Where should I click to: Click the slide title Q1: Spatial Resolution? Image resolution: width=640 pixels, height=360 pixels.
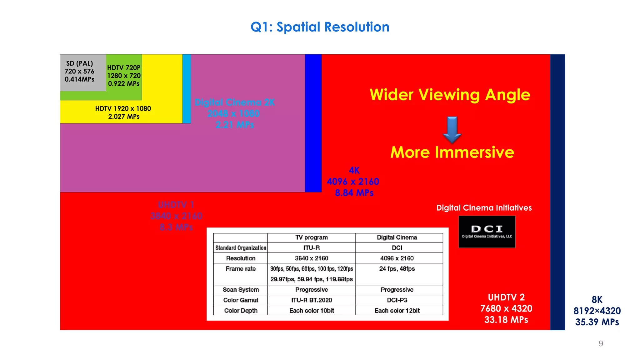point(320,27)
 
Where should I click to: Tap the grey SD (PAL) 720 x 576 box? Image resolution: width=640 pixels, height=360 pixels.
point(80,72)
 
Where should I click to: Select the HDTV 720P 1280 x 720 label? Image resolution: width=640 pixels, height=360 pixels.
point(124,76)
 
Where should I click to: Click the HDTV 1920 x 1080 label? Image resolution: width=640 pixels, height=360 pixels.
point(123,112)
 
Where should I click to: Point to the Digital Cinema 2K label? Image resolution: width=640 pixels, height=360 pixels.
point(234,113)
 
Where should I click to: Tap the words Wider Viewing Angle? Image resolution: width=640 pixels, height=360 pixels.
point(450,95)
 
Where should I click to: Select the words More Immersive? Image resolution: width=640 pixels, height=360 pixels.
point(452,152)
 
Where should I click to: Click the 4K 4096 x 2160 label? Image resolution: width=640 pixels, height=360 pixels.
point(353,182)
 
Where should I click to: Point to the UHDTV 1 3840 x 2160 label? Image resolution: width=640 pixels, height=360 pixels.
point(176,216)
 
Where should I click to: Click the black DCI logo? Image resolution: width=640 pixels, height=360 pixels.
point(487,232)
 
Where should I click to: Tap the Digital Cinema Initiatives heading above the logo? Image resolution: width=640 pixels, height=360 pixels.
point(484,208)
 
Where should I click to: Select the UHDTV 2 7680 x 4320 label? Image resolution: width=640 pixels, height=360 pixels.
point(506,308)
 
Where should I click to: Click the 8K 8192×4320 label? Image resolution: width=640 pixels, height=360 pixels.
point(597,311)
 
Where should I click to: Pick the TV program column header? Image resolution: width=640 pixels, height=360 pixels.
point(311,237)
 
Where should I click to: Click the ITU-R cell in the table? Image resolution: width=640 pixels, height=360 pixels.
point(311,248)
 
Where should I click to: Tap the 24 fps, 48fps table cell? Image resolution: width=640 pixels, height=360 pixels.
point(397,269)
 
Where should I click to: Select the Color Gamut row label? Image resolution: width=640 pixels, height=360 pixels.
point(241,300)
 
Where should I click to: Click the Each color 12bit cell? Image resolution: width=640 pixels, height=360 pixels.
point(397,311)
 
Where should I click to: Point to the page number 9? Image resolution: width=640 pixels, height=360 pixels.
point(601,343)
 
